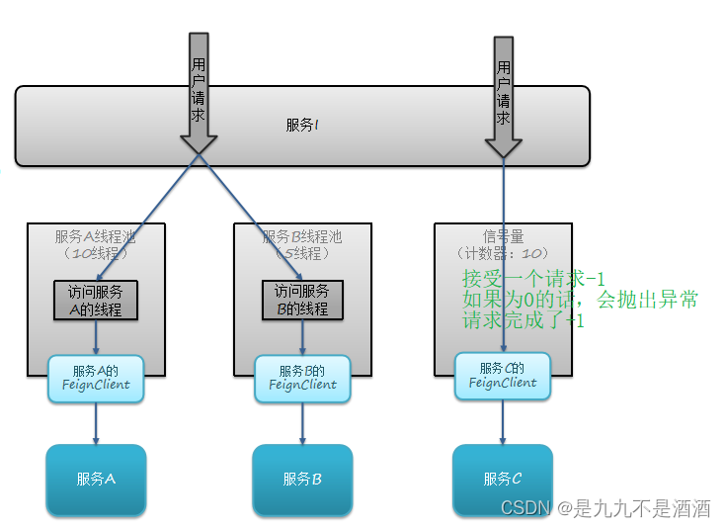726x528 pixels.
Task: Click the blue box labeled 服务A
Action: pyautogui.click(x=96, y=480)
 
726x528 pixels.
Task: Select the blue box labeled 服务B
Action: pyautogui.click(x=301, y=480)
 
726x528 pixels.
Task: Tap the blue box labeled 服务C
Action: pyautogui.click(x=502, y=480)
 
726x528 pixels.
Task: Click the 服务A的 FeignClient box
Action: pyautogui.click(x=96, y=378)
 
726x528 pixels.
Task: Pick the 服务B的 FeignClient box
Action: pyautogui.click(x=301, y=378)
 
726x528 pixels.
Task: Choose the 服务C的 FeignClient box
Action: pyautogui.click(x=502, y=376)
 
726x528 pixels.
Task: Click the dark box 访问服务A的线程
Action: pyautogui.click(x=96, y=300)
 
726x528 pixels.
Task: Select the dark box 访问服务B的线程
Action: pyautogui.click(x=301, y=300)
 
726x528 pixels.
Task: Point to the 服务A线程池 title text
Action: pyautogui.click(x=96, y=237)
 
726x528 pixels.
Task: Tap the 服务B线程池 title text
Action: pyautogui.click(x=301, y=237)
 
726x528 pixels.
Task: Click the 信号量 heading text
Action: pyautogui.click(x=502, y=237)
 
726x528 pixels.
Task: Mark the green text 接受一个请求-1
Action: pyautogui.click(x=532, y=279)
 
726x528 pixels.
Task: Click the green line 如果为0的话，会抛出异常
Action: pyautogui.click(x=580, y=300)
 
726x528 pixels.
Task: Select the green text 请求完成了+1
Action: pyautogui.click(x=523, y=320)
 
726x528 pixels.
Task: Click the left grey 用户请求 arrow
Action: pyautogui.click(x=199, y=94)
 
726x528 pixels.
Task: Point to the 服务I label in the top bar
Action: pyautogui.click(x=301, y=125)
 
